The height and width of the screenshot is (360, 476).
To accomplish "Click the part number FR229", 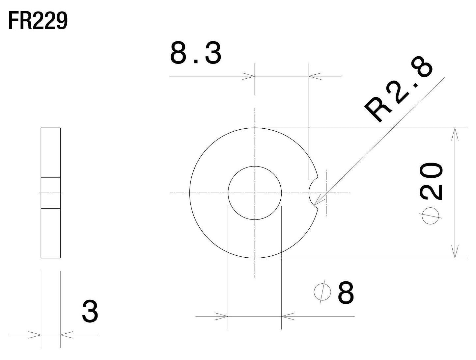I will [38, 22].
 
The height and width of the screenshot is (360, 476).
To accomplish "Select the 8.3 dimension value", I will [195, 54].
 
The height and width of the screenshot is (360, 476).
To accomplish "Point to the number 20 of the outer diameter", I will [431, 182].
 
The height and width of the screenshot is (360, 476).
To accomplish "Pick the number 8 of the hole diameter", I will [346, 293].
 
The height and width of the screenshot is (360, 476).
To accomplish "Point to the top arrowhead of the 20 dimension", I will [455, 133].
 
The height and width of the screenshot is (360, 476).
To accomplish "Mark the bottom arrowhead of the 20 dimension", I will [455, 252].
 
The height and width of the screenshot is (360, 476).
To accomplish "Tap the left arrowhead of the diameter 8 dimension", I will [222, 317].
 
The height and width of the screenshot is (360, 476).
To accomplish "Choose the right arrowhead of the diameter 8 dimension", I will [288, 317].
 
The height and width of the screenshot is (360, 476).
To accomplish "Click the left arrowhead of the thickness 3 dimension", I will [35, 335].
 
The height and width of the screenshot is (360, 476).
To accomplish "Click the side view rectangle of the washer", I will [51, 151].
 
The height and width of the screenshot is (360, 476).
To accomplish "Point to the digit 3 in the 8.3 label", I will [212, 54].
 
